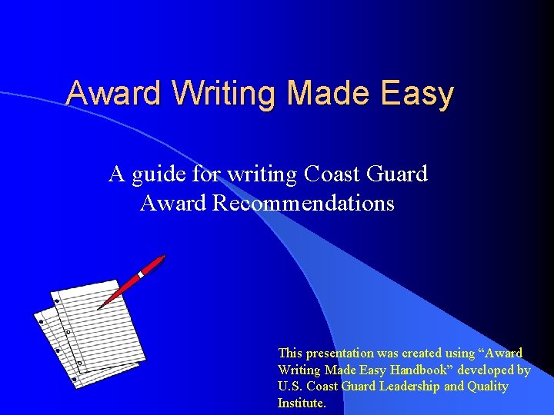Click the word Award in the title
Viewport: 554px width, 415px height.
pyautogui.click(x=113, y=94)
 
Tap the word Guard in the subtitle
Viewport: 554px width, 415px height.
pyautogui.click(x=398, y=174)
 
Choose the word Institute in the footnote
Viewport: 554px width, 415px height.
pyautogui.click(x=302, y=402)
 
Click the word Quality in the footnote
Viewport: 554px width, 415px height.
pyautogui.click(x=489, y=386)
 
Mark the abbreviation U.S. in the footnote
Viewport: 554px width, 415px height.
pyautogui.click(x=289, y=386)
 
